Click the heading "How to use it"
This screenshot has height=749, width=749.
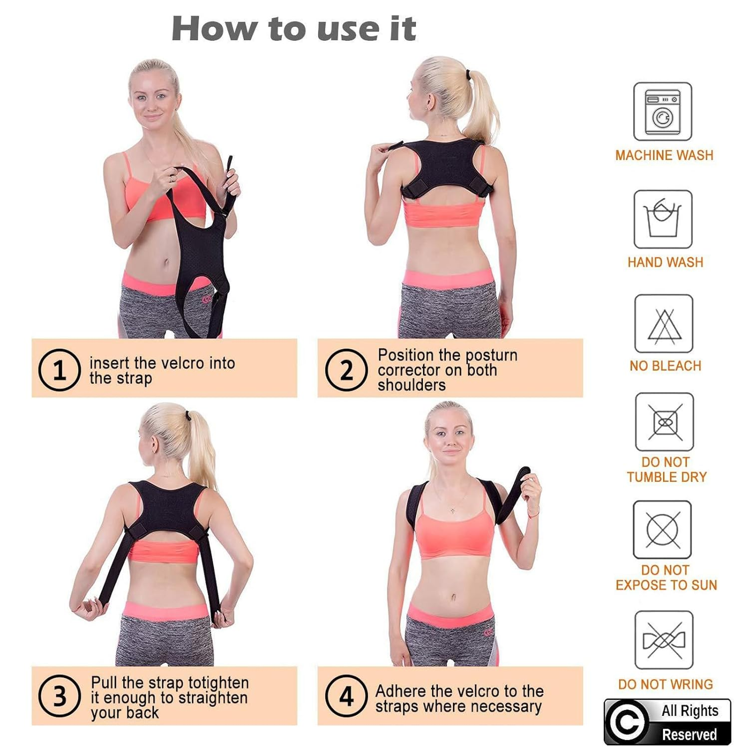tap(294, 28)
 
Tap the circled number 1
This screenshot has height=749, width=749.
tap(59, 370)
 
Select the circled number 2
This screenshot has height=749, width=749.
tap(346, 370)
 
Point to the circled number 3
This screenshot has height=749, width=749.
tap(59, 696)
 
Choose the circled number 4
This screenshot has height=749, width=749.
tap(346, 696)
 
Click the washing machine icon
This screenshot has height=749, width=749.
tap(663, 112)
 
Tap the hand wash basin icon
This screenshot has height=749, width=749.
tap(663, 219)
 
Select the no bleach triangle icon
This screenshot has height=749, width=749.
tap(664, 324)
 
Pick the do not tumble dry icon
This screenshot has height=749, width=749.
tap(664, 422)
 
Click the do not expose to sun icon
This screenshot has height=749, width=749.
tap(663, 530)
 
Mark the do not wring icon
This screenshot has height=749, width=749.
tap(664, 640)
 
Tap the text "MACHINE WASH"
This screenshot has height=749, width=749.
tap(664, 155)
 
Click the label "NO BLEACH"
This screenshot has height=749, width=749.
tap(665, 366)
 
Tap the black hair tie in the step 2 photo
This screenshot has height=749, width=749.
tap(468, 75)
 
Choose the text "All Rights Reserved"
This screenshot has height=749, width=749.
tap(689, 722)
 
